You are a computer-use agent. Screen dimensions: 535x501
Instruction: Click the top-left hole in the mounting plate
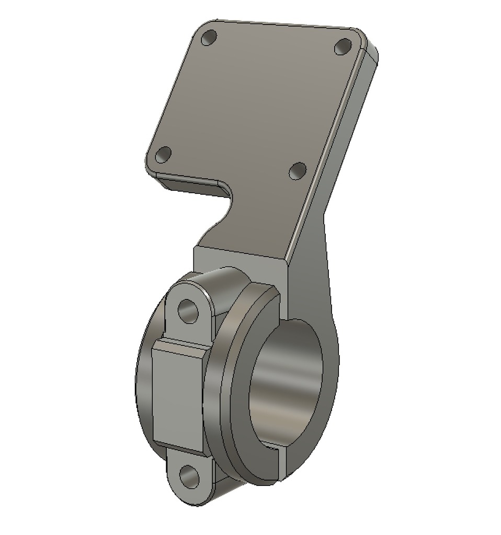[x=209, y=38]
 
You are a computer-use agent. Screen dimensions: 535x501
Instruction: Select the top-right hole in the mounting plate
[x=343, y=47]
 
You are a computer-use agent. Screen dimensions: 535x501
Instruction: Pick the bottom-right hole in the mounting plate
[x=298, y=170]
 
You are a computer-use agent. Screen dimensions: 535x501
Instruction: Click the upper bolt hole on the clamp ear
[x=188, y=311]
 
